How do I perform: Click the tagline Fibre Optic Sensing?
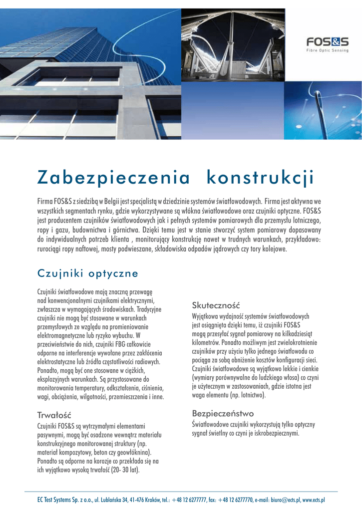coord(327,50)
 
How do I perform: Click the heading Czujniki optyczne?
coord(87,273)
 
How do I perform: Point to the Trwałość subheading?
coord(55,415)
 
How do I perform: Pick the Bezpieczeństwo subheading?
coord(223,413)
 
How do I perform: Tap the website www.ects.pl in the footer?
coord(314,499)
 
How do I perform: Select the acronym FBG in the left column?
coord(110,344)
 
